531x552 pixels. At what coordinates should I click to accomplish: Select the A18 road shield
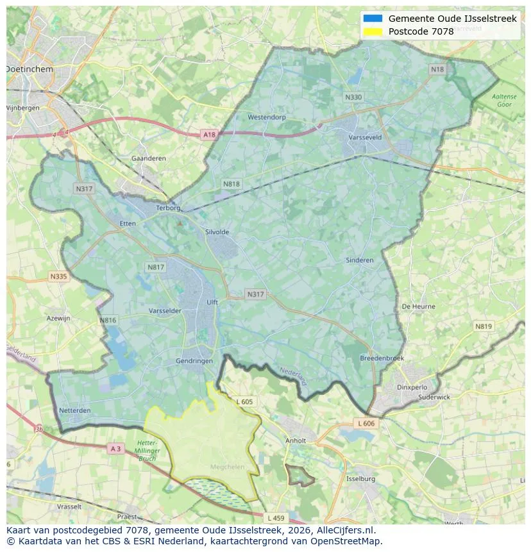tap(209, 135)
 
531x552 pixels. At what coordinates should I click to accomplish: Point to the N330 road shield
tap(353, 97)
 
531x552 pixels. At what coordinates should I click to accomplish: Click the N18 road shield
tap(437, 69)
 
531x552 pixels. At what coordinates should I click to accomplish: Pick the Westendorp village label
tap(267, 117)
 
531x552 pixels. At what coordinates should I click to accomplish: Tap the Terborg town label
tap(169, 208)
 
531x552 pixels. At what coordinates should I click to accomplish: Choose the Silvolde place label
tap(217, 232)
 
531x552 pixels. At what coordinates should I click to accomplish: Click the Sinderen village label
tap(359, 260)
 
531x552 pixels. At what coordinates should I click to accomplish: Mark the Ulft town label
tap(212, 302)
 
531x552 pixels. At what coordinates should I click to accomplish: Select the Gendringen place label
tap(194, 361)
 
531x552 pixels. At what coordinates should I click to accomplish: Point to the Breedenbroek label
tap(382, 358)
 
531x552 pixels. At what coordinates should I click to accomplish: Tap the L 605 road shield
tap(244, 402)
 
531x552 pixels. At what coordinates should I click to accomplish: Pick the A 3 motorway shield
tap(115, 449)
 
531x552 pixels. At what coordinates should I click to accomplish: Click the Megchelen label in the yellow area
tap(227, 467)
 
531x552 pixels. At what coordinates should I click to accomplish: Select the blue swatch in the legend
tap(372, 19)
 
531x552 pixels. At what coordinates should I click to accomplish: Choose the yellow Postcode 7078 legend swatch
tap(372, 31)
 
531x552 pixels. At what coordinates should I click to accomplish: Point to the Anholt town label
tap(296, 441)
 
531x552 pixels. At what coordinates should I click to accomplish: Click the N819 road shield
tap(484, 326)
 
